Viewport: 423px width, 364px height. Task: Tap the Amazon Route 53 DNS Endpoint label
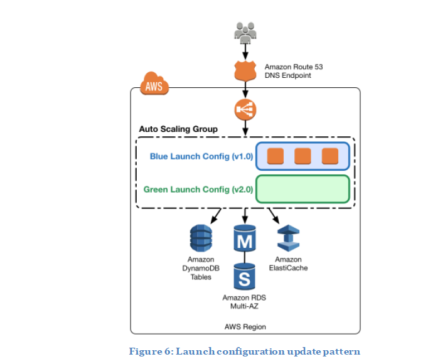point(294,71)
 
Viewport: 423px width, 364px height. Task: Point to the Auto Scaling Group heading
point(178,129)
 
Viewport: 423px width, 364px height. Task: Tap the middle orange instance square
point(303,156)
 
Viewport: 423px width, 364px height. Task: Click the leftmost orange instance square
point(275,156)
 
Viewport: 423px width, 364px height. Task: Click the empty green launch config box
point(302,189)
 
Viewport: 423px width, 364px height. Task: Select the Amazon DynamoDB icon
point(201,238)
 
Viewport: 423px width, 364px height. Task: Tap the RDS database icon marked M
point(245,238)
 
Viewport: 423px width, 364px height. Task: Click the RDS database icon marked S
point(245,276)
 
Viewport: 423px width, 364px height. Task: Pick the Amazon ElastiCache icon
point(288,238)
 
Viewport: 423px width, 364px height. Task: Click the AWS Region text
point(245,327)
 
